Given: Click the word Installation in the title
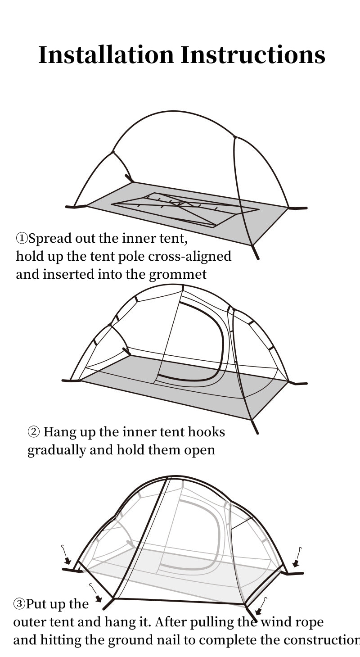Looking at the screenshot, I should click(x=106, y=55).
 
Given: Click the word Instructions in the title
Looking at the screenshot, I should click(x=253, y=55).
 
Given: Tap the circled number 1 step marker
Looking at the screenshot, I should click(x=22, y=238).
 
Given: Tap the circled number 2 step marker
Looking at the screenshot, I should click(x=34, y=432).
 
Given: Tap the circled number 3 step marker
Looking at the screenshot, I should click(x=19, y=604).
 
